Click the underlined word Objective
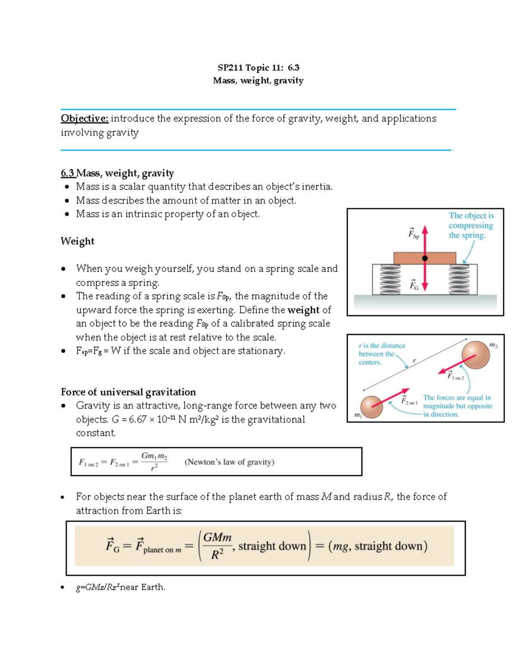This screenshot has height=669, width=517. pyautogui.click(x=84, y=118)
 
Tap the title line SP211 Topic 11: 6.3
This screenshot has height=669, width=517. pyautogui.click(x=258, y=68)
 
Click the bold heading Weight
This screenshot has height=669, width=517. pyautogui.click(x=77, y=241)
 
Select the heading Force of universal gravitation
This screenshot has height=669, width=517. pyautogui.click(x=128, y=392)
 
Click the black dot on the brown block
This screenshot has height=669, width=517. pyautogui.click(x=425, y=258)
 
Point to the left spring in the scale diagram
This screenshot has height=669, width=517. pyautogui.click(x=390, y=279)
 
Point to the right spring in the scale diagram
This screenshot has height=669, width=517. pyautogui.click(x=459, y=279)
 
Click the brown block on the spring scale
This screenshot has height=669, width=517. pyautogui.click(x=405, y=258)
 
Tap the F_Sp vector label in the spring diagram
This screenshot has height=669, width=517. pyautogui.click(x=413, y=233)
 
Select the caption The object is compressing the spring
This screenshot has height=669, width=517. pyautogui.click(x=470, y=225)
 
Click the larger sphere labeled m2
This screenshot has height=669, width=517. pyautogui.click(x=475, y=355)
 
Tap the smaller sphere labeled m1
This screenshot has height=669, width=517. pyautogui.click(x=371, y=407)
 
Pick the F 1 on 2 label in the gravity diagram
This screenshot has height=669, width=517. pyautogui.click(x=455, y=376)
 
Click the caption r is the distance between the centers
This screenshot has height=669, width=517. pyautogui.click(x=381, y=354)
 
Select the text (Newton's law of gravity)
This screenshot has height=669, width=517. pyautogui.click(x=229, y=462)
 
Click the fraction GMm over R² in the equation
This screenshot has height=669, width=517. pyautogui.click(x=217, y=546)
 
